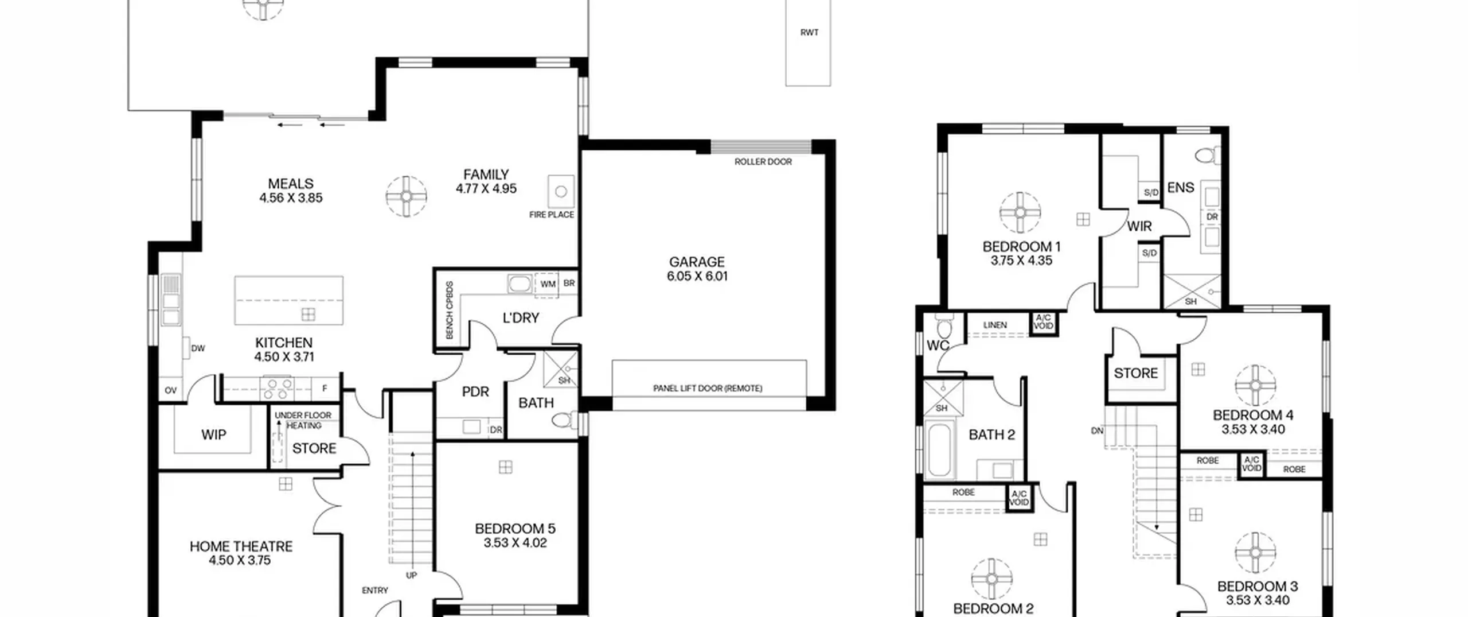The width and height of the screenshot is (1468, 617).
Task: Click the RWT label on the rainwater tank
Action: [809, 33]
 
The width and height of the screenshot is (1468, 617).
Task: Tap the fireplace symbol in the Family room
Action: [561, 191]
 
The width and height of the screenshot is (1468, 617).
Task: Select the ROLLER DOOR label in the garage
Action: [763, 162]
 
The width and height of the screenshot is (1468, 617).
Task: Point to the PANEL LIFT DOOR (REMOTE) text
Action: [708, 389]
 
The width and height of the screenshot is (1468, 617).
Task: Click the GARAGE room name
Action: [697, 262]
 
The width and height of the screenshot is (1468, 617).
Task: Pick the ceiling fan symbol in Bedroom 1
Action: [1020, 212]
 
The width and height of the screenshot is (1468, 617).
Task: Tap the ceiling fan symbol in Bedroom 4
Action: [1255, 385]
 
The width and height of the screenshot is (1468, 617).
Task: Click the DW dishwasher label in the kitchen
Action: [198, 348]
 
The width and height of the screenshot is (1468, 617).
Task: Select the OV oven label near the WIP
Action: [170, 391]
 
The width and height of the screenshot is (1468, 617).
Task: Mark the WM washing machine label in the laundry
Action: [548, 284]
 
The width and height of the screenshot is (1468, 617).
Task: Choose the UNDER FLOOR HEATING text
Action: [303, 420]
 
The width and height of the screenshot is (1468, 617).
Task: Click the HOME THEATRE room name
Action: [241, 546]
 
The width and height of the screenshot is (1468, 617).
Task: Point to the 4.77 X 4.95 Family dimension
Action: [486, 188]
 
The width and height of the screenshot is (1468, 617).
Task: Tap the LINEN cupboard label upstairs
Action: [995, 325]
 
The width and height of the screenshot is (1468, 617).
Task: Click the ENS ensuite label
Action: [1181, 188]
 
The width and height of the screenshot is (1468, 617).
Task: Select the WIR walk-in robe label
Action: [1139, 227]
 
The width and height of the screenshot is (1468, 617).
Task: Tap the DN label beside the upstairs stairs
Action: [1097, 430]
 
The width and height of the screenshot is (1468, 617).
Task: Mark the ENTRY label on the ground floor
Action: [375, 590]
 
